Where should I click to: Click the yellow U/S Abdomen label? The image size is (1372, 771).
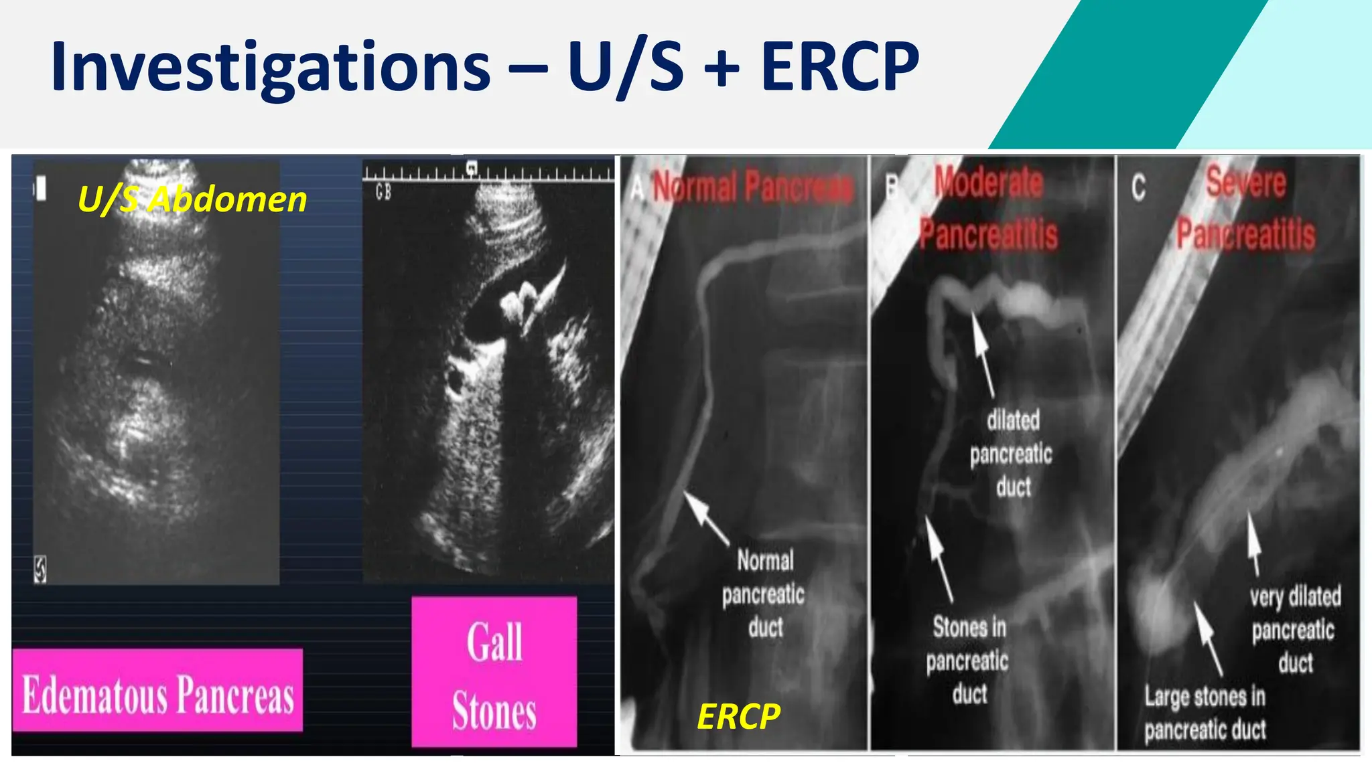(192, 199)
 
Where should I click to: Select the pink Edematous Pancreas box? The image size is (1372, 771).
(158, 691)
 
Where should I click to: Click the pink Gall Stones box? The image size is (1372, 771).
(494, 672)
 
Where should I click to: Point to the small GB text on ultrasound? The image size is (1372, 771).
(383, 193)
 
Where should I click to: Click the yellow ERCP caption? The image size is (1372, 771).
(738, 717)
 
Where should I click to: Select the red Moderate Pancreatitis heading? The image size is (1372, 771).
(989, 208)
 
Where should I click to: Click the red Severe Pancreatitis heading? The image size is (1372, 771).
(1246, 208)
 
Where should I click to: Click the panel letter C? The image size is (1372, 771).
(1138, 188)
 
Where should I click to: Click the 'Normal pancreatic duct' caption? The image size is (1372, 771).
(764, 594)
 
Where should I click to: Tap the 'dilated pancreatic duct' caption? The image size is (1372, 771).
(1012, 454)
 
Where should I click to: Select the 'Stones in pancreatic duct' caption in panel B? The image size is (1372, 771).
(969, 661)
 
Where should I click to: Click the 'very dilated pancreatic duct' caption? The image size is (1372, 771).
(1294, 629)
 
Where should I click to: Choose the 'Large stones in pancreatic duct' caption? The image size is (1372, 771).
(1205, 713)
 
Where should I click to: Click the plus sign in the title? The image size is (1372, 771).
(722, 67)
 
